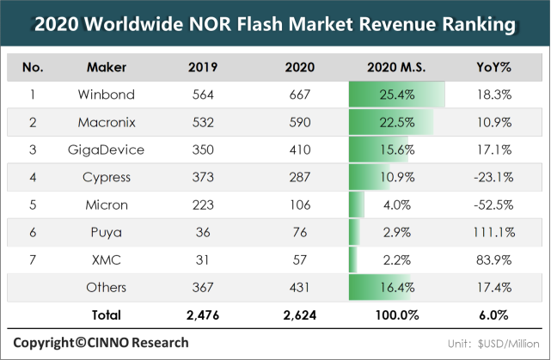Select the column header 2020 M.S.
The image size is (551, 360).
[x=396, y=67]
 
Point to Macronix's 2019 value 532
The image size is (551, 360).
[x=203, y=123]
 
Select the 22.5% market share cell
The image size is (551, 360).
[x=396, y=123]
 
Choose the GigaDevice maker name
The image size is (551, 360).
[x=107, y=150]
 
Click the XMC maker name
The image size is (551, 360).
[x=107, y=260]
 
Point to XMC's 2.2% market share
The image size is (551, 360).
[x=396, y=260]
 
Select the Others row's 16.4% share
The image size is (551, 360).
[x=396, y=288]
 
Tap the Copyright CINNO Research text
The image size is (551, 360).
[x=101, y=342]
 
